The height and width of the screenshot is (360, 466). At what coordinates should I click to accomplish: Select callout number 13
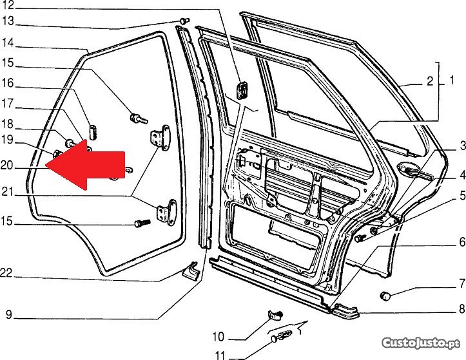[7, 21]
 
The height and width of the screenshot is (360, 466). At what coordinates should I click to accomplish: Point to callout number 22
[7, 272]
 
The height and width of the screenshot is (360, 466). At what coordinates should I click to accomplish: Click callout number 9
[8, 315]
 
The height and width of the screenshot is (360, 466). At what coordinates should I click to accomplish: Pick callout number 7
[461, 283]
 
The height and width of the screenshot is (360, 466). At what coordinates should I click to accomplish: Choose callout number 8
[461, 309]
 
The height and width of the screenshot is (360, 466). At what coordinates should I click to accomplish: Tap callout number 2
[429, 82]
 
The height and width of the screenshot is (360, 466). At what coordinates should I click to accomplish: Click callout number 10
[218, 336]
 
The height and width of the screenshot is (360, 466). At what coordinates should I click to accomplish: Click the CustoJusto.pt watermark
[430, 341]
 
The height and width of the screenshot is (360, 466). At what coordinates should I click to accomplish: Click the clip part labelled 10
[275, 316]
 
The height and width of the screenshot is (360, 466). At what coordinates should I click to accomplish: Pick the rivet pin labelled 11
[284, 336]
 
